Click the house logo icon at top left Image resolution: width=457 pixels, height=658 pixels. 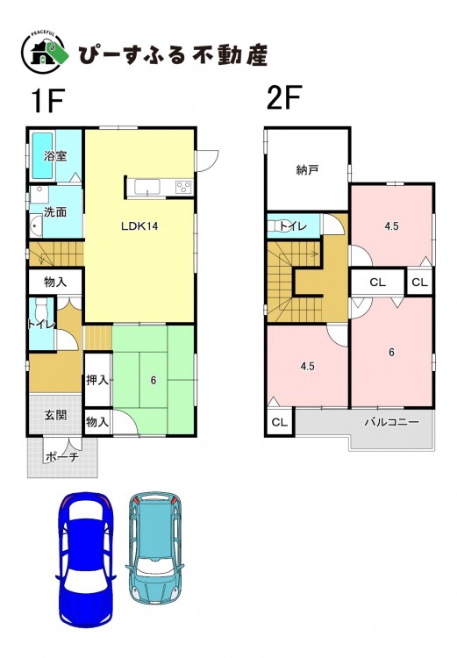coord(45,54)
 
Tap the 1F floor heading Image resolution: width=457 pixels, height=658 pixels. coord(47,101)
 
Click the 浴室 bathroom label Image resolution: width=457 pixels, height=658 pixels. coord(55,156)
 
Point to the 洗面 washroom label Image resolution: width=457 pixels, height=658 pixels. coord(55,212)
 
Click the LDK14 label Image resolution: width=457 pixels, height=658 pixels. coord(139,226)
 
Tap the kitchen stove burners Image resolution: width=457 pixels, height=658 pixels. coord(184,186)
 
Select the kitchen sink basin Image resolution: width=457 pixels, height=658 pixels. coord(146,186)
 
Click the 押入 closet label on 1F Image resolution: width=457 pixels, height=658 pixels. coord(97,380)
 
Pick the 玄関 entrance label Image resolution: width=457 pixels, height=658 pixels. coord(55,416)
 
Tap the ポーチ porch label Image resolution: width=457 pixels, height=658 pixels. coord(61,457)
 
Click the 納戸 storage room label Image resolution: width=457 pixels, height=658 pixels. coord(307,170)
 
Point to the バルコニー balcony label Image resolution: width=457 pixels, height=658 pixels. coord(391,422)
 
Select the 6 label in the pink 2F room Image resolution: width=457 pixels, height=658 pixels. coord(391,353)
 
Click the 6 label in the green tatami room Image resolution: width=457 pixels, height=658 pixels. coord(154,380)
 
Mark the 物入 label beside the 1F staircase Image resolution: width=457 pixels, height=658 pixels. coord(55,282)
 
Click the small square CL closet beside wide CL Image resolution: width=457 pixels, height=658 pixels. coord(419,282)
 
